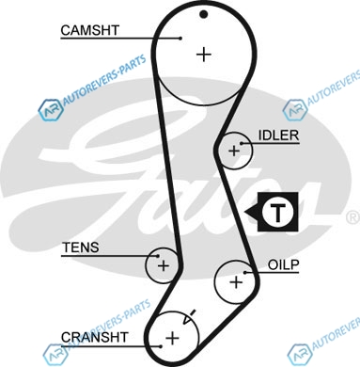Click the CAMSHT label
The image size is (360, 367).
[x=90, y=30]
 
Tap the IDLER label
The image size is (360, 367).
[x=278, y=136]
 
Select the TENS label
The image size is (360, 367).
[x=81, y=247]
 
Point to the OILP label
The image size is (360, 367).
[x=283, y=265]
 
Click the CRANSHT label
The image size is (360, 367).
[x=95, y=338]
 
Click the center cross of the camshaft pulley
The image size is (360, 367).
[x=204, y=55]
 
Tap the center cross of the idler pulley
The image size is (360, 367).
[x=234, y=152]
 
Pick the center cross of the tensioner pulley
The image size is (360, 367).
[x=164, y=266]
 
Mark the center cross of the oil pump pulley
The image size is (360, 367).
[x=236, y=282]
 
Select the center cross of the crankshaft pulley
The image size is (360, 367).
[x=172, y=338]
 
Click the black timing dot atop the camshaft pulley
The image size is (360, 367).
[x=204, y=14]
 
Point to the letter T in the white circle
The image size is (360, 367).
[x=277, y=212]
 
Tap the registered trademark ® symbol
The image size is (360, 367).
[x=353, y=217]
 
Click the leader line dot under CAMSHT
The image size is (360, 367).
[x=180, y=39]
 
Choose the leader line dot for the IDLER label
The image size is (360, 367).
[x=242, y=144]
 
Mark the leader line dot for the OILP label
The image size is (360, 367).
[x=245, y=272]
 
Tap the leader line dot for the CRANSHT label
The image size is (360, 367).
[x=161, y=346]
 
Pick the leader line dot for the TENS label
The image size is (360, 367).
[x=158, y=256]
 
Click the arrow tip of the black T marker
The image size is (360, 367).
[x=245, y=213]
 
